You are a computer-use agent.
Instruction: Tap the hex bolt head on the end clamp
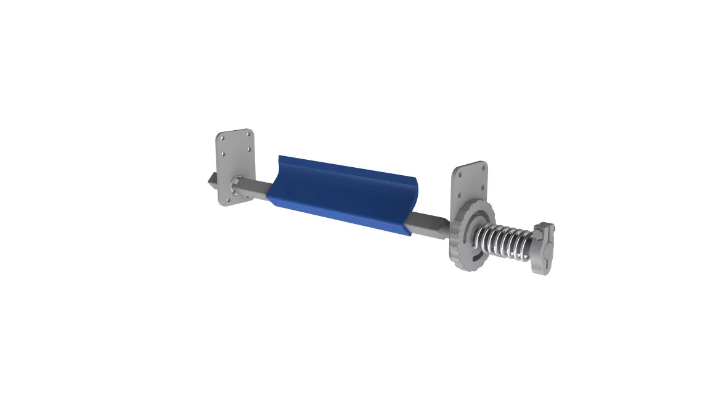[x=551, y=230]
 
